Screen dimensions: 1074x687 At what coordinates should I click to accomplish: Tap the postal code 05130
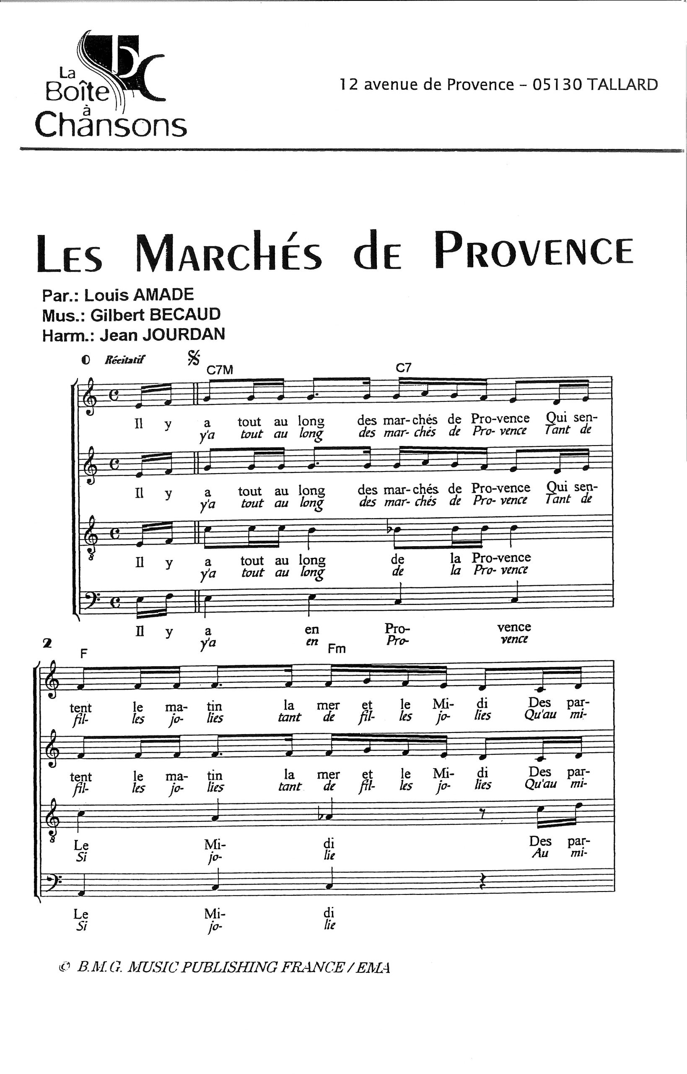[557, 84]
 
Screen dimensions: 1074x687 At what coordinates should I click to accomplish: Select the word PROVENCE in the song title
[534, 250]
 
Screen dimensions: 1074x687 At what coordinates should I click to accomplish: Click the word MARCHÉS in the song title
[228, 253]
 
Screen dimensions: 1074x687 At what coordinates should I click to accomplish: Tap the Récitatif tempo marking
[124, 360]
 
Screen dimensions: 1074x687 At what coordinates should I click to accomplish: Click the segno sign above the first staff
[194, 357]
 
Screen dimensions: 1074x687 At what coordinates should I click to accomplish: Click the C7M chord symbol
[220, 370]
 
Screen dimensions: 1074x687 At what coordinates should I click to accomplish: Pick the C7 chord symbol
[403, 368]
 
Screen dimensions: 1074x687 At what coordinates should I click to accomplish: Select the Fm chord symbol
[337, 649]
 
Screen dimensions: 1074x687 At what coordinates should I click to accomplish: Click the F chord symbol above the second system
[83, 654]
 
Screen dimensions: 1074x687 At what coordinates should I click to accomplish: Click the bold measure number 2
[47, 643]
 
